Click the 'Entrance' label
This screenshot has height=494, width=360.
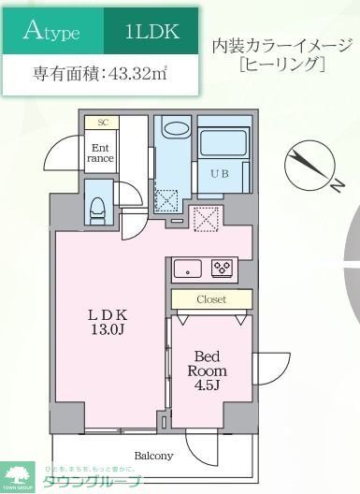[x=101, y=153]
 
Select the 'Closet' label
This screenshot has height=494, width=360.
[x=211, y=299]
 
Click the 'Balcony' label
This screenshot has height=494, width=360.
[x=153, y=456]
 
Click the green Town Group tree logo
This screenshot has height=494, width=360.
[x=16, y=474]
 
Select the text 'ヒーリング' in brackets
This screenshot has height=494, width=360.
[x=282, y=65]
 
